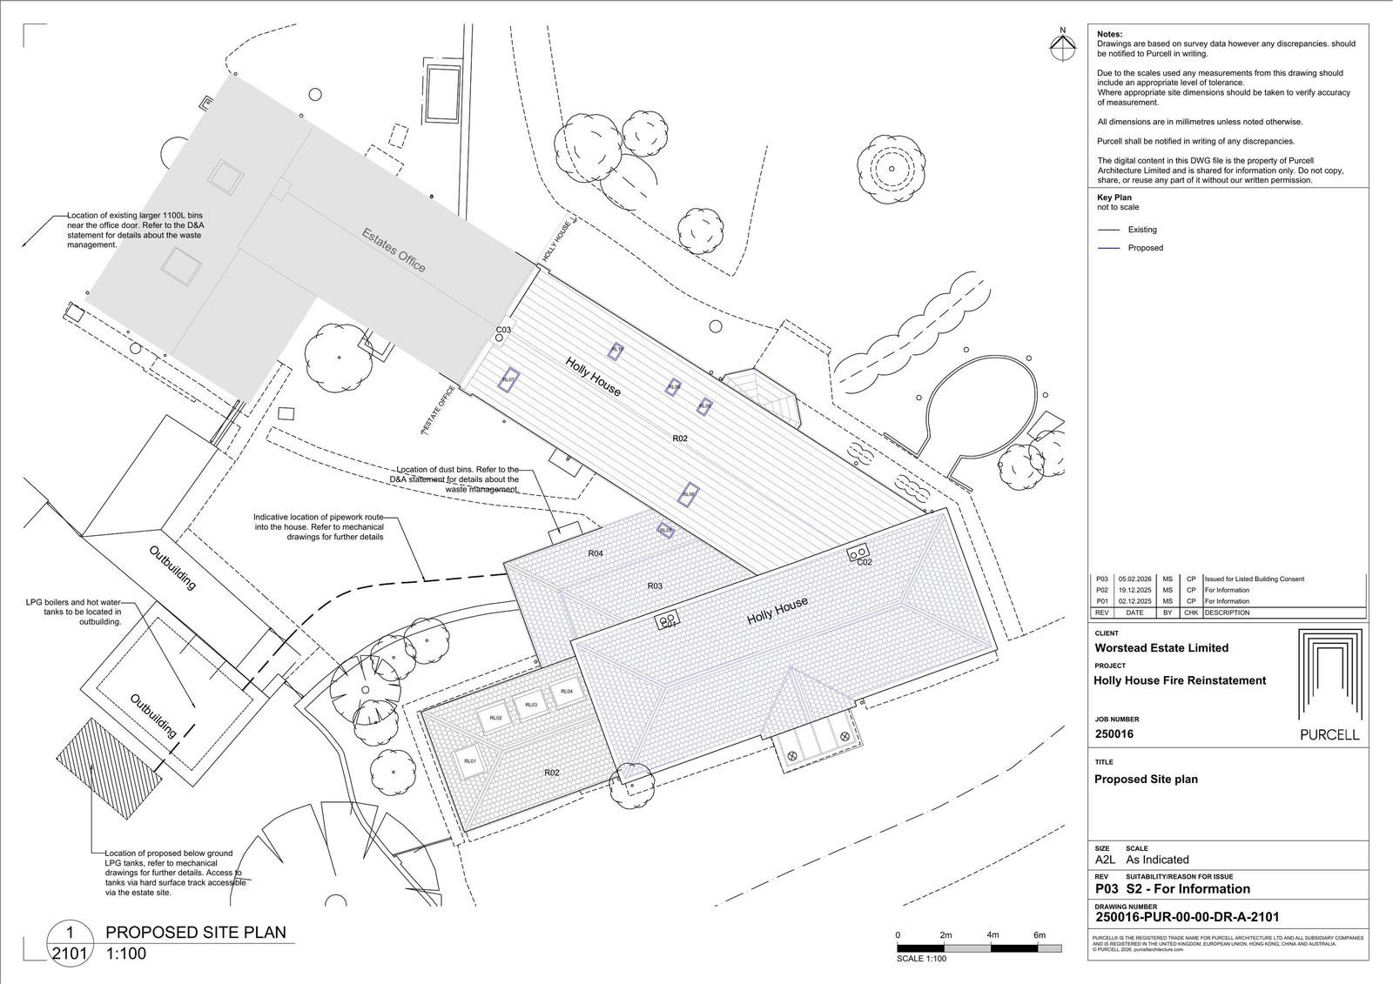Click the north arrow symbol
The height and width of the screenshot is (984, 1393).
pos(1062,47)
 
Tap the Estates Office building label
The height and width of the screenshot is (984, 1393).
pos(394,250)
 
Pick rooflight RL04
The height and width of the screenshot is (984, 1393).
pos(567,692)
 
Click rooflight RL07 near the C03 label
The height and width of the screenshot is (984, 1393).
pos(508,380)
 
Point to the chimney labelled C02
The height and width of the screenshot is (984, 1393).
pos(859,552)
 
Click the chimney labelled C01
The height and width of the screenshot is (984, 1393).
pos(667,621)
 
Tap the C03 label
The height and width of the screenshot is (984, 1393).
pos(503,331)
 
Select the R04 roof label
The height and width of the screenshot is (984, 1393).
pos(596,553)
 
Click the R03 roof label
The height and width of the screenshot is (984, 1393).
pos(655,586)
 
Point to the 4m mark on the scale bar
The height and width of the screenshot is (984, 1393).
pos(993,935)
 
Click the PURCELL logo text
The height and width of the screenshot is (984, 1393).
pos(1329,734)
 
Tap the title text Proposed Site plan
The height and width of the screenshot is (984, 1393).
pos(1146,780)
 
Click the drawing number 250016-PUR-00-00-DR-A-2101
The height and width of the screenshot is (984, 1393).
pos(1187,916)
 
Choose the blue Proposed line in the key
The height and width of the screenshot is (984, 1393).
pos(1108,248)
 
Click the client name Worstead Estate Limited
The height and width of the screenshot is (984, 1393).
pos(1161,648)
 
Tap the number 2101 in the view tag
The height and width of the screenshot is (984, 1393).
pos(70,954)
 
